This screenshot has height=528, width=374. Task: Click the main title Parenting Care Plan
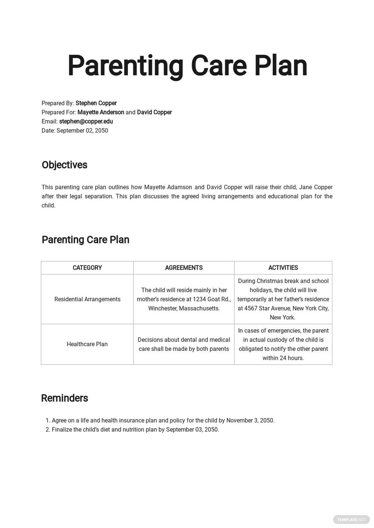[x=187, y=66]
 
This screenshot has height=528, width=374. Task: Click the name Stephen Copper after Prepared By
[x=96, y=103]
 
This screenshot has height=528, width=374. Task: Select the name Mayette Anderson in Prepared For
[x=101, y=113]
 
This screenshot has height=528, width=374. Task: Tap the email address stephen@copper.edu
[x=86, y=121]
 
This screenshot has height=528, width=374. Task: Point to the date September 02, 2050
[x=82, y=131]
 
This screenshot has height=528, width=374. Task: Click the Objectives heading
[x=64, y=165]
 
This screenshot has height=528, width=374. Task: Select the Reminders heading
[x=64, y=398]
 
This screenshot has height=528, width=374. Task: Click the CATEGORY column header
[x=87, y=268]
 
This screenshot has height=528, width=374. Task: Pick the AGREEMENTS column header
[x=184, y=268]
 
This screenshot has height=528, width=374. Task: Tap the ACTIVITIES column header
[x=283, y=268]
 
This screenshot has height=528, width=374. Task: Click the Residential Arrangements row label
[x=87, y=299]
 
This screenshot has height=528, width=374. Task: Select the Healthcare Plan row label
[x=87, y=344]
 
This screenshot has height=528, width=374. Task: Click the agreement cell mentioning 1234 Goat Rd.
[x=184, y=299]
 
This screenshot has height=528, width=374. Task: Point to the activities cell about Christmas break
[x=283, y=299]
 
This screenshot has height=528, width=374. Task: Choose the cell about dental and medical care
[x=184, y=344]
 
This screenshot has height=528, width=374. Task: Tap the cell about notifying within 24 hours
[x=283, y=344]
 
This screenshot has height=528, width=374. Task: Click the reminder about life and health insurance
[x=163, y=421]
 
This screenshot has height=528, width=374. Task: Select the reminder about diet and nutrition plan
[x=135, y=429]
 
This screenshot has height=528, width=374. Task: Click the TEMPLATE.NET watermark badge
[x=351, y=519]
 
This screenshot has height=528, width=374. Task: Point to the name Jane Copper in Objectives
[x=316, y=187]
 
